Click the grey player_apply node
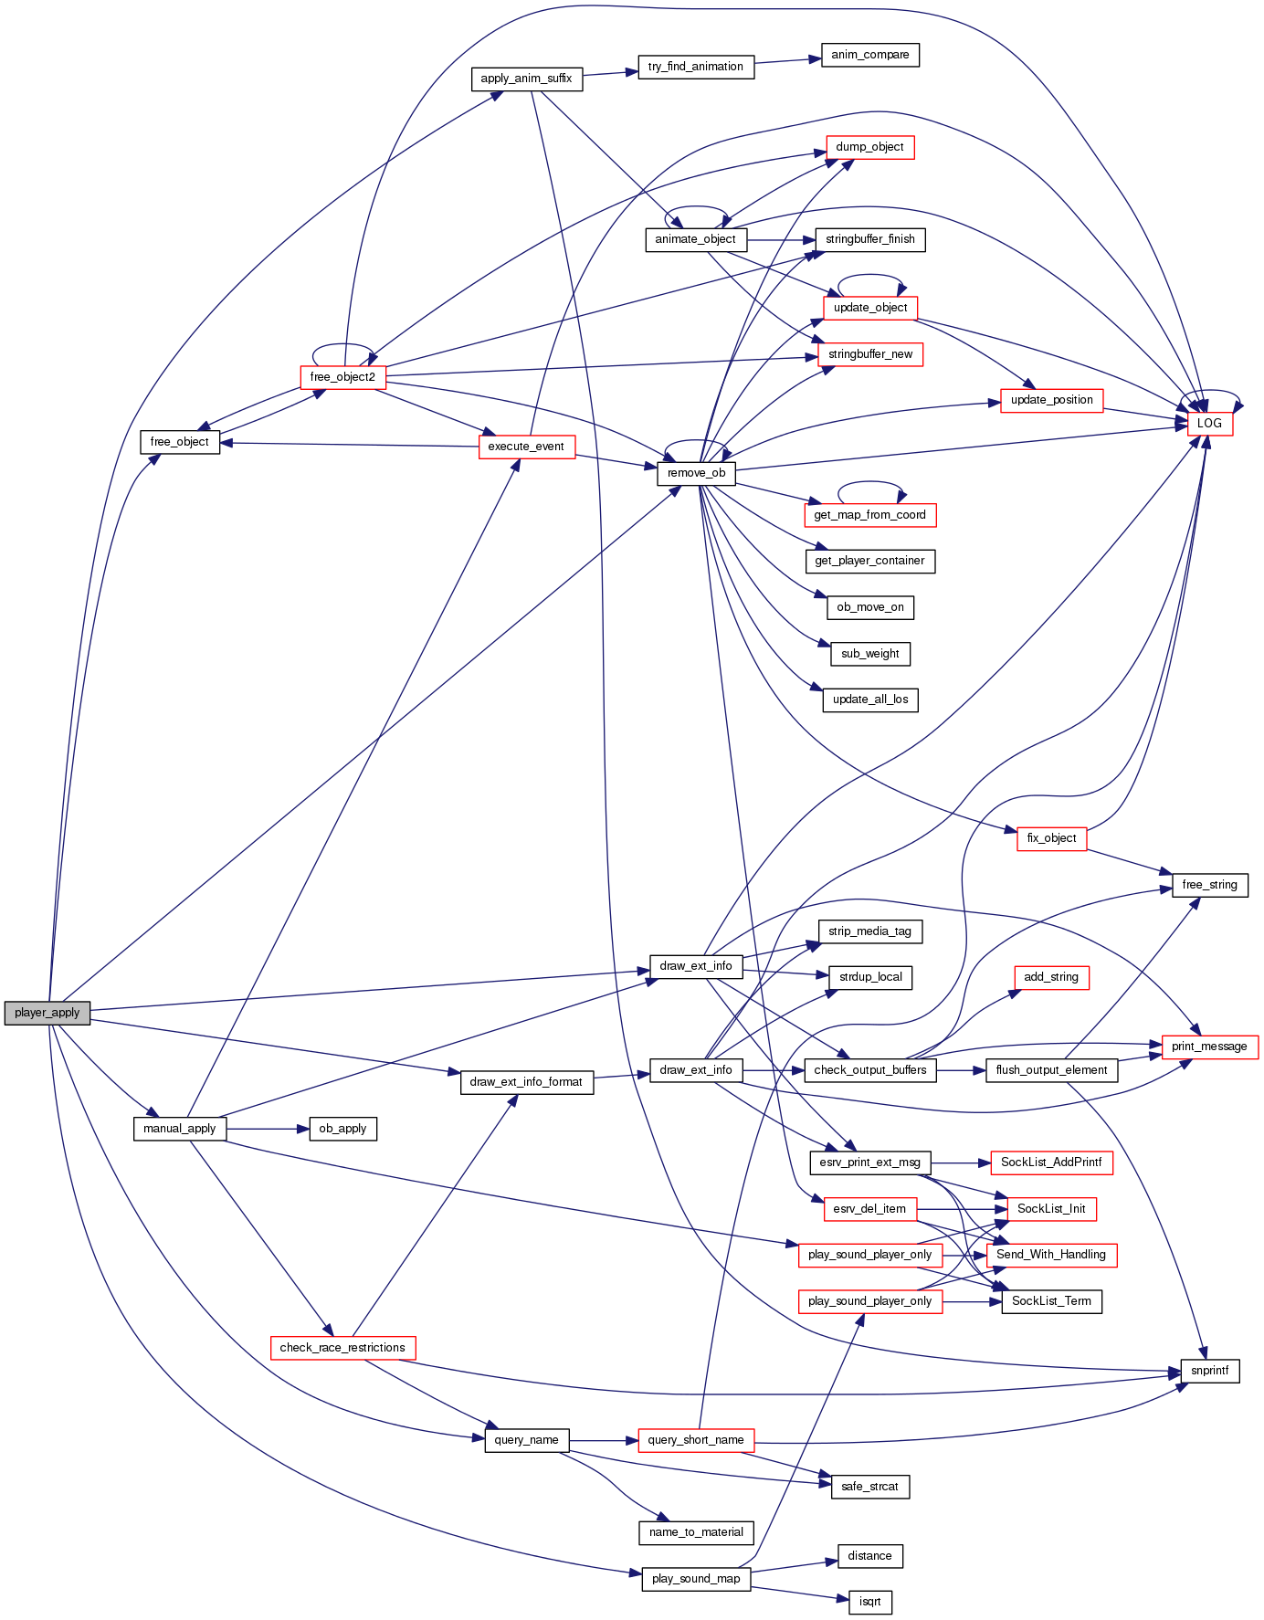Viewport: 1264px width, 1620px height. click(47, 1013)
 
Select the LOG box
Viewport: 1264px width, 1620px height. click(1209, 424)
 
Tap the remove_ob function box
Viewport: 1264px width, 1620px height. click(696, 473)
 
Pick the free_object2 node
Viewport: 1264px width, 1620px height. click(342, 377)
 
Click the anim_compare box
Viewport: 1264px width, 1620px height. click(869, 55)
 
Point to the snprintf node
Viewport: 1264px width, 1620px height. click(1209, 1371)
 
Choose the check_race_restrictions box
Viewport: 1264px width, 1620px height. click(342, 1348)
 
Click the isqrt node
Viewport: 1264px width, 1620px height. click(869, 1602)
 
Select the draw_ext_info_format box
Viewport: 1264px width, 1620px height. click(526, 1082)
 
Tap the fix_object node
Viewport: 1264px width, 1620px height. click(1051, 838)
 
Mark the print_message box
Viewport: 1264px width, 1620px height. click(1209, 1047)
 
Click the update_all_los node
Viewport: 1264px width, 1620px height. click(869, 700)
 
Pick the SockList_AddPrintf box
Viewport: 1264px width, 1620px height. click(1051, 1162)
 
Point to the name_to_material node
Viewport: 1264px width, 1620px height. click(696, 1532)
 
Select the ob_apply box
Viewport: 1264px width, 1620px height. click(342, 1129)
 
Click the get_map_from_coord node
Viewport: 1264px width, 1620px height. click(869, 515)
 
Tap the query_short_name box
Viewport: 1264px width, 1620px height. click(696, 1440)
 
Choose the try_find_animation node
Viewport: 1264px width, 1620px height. click(696, 67)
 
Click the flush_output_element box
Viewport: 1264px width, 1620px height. click(1051, 1070)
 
